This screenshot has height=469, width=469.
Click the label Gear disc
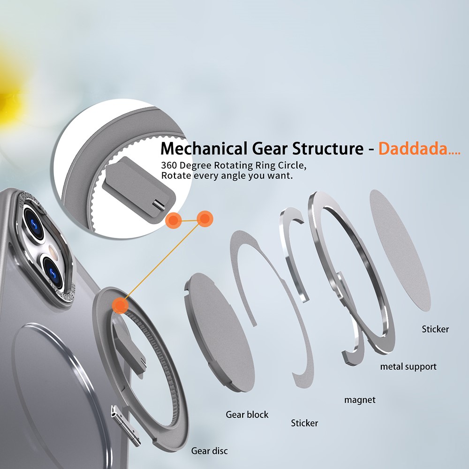pyautogui.click(x=209, y=451)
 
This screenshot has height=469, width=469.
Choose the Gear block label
pyautogui.click(x=247, y=415)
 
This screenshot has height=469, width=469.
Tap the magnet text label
pyautogui.click(x=360, y=400)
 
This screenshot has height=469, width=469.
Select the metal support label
pyautogui.click(x=408, y=366)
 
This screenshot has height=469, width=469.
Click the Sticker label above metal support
pyautogui.click(x=435, y=329)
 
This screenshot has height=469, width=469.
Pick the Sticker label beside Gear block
pyautogui.click(x=304, y=423)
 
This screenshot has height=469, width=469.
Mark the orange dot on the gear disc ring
pyautogui.click(x=121, y=305)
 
